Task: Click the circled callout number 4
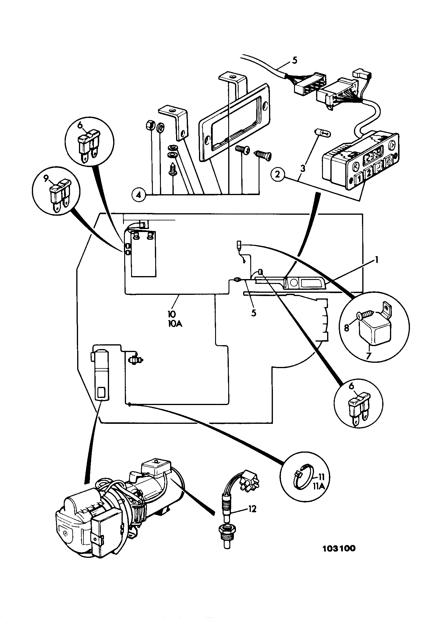(138, 195)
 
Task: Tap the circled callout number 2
(278, 175)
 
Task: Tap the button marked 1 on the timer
(359, 179)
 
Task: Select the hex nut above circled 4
(151, 125)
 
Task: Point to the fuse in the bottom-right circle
(359, 406)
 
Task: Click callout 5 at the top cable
(294, 60)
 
